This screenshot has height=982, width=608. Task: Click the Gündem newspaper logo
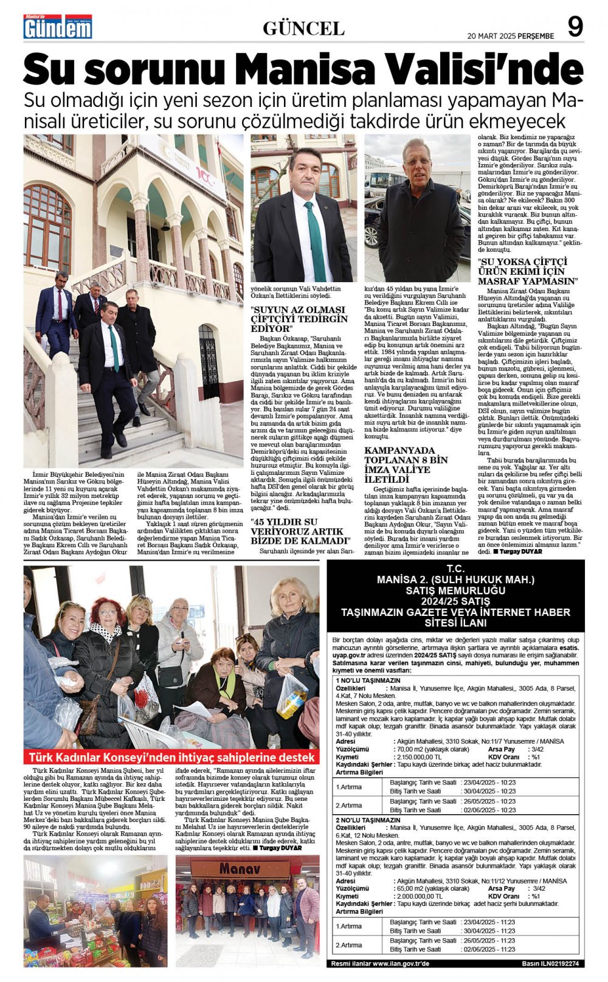58,27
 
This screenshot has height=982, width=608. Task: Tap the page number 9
575,27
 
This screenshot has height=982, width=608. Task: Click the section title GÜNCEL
303,28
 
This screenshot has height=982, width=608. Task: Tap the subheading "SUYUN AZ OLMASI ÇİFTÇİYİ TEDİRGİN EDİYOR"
300,319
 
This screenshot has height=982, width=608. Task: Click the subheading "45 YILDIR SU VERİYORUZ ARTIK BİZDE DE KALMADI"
301,531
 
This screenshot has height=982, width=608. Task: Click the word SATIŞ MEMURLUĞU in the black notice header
455,590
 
